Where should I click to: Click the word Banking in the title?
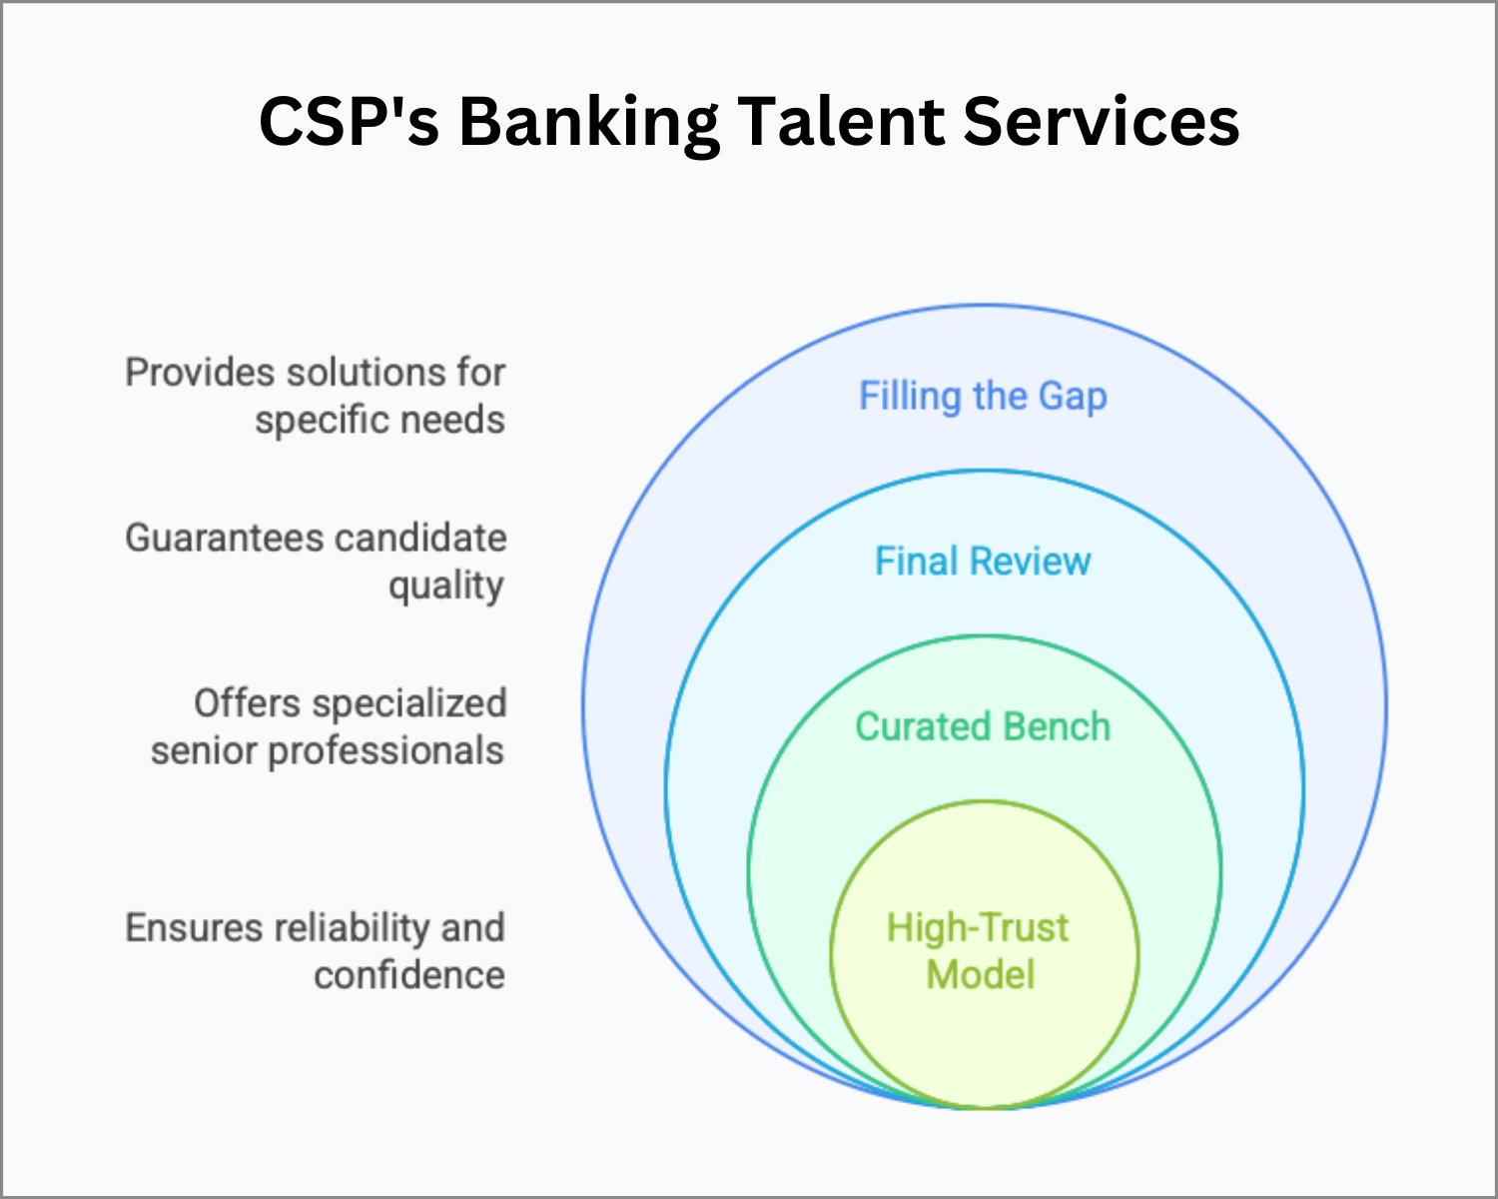(x=589, y=123)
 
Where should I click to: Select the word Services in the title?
(x=1102, y=121)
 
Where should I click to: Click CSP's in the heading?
(x=349, y=121)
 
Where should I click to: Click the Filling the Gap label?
(x=983, y=397)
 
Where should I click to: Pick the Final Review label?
(x=983, y=562)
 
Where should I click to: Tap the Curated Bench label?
(x=983, y=726)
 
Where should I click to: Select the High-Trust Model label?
(x=979, y=950)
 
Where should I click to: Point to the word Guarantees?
(x=225, y=539)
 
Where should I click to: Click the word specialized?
(x=409, y=704)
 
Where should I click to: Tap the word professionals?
(x=385, y=751)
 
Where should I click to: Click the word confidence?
(x=409, y=974)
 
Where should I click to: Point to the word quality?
(x=446, y=587)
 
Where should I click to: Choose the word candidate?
(x=420, y=539)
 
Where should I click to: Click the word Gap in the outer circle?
(x=1072, y=398)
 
